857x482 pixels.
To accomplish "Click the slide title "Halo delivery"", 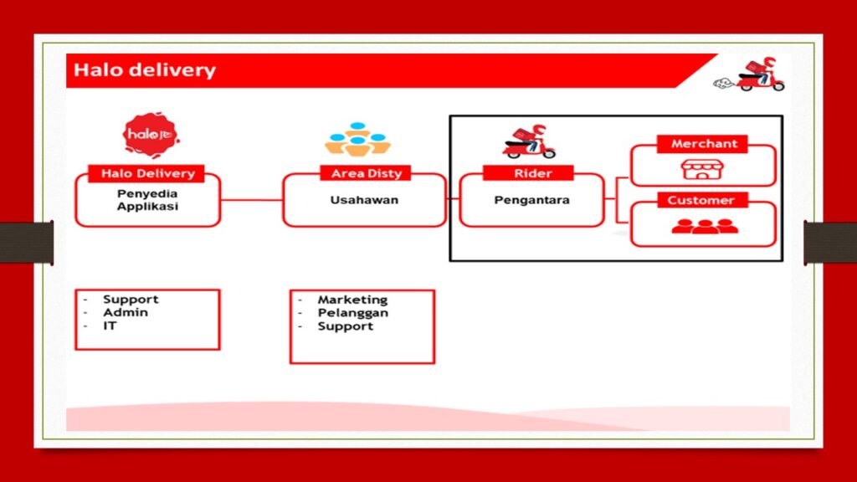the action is point(145,70).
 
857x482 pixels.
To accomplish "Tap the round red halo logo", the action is point(151,135).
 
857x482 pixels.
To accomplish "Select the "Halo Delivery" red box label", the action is point(147,173).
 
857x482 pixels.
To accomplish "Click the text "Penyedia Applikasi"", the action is point(147,200).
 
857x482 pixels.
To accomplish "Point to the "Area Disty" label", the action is point(367,173).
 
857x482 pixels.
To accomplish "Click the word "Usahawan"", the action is point(364,200).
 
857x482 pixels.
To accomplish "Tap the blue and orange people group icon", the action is point(357,140).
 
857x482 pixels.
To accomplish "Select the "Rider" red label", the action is point(531,173).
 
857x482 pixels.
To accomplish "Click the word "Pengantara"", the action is point(531,200).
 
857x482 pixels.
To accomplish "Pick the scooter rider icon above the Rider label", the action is point(529,141).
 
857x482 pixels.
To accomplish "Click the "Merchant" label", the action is point(703,144).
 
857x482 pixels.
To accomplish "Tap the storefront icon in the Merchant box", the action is point(702,169).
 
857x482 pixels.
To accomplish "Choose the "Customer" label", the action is point(700,200).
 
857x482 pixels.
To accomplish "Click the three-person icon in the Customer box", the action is point(705,226).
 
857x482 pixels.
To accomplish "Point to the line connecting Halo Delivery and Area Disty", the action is point(251,200).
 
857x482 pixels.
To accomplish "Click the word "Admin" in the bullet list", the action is point(126,313).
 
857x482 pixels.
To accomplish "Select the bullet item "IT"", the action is point(110,326).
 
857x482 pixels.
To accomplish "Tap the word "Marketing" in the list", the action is point(352,300).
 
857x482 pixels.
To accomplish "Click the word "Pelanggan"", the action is point(353,313).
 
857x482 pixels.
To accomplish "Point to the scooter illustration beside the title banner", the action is point(750,74).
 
